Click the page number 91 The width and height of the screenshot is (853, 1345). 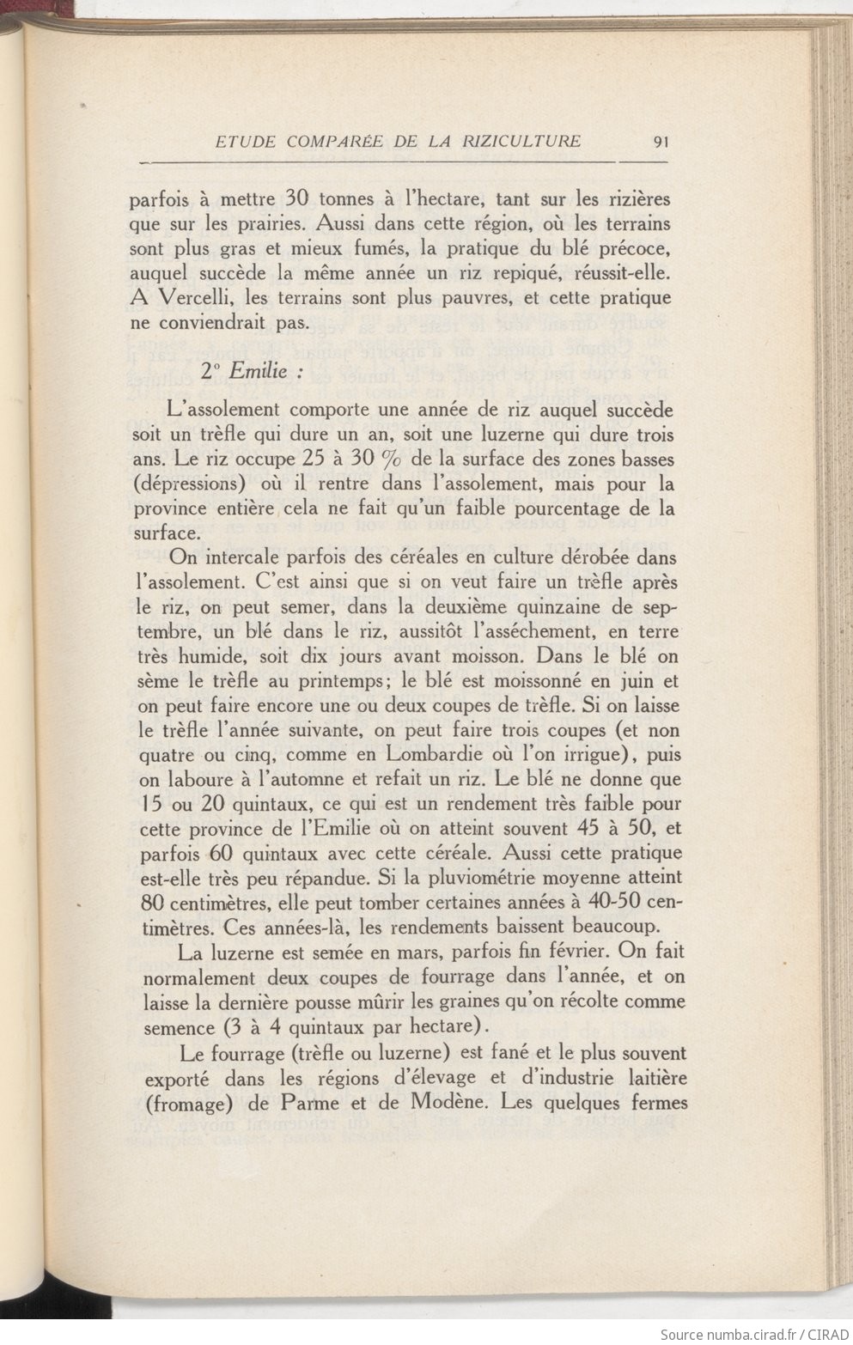click(661, 142)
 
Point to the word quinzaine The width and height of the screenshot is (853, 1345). click(525, 607)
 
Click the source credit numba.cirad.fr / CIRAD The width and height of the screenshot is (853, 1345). click(754, 1334)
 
